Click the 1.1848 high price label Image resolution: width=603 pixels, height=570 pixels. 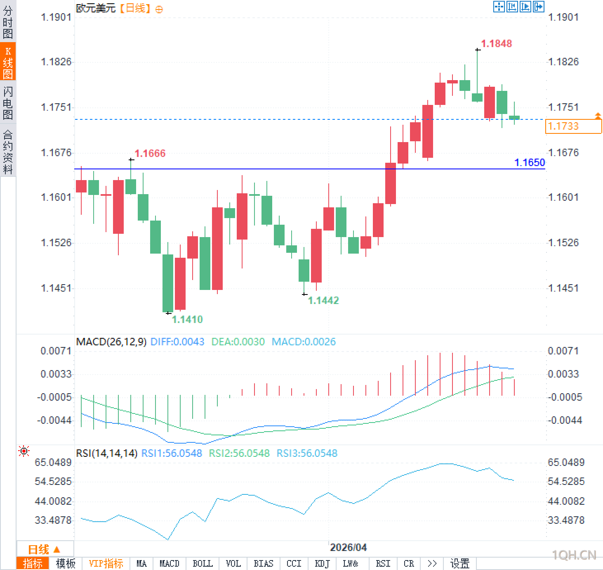coord(496,43)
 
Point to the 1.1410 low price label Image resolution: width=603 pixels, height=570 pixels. coord(187,319)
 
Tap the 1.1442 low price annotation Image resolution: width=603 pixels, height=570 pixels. coord(323,300)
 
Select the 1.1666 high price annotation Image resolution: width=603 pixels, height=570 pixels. coord(150,153)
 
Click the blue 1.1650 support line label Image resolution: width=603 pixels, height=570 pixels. coord(530,162)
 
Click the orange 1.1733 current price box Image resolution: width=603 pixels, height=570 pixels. coord(573,126)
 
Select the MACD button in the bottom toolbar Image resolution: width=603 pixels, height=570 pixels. coord(169,563)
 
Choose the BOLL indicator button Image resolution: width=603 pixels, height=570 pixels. coord(203,563)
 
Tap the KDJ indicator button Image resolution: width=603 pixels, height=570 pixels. coord(322,563)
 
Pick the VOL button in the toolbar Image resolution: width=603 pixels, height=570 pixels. coord(233,563)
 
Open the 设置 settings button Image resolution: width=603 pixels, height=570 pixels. coord(459,563)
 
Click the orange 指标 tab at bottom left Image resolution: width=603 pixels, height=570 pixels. coord(33,563)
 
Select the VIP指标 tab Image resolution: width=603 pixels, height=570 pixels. coord(106,563)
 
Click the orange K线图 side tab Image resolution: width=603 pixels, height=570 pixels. coord(8,62)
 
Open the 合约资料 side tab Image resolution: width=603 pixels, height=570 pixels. coord(8,152)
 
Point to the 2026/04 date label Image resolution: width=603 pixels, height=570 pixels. coord(348,547)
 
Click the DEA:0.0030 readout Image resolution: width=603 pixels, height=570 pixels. coord(238,342)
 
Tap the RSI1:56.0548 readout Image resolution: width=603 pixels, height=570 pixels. coord(172,453)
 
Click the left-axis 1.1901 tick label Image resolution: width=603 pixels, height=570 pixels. coord(56,17)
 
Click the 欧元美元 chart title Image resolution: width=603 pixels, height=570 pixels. coord(96,8)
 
